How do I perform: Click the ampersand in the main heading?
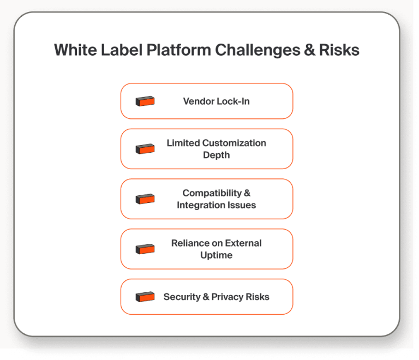[x=308, y=50]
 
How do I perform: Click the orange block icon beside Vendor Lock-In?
[x=145, y=101]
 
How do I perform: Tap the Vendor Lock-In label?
[x=216, y=101]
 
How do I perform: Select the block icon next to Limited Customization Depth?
[x=145, y=148]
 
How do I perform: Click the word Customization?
[x=234, y=143]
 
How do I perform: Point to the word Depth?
[x=216, y=155]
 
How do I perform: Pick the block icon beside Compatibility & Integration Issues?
[x=145, y=199]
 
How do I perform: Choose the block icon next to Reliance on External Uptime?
[x=145, y=249]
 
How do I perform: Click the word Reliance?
[x=189, y=243]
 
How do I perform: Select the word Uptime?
[x=216, y=255]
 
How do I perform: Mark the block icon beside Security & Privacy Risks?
[x=145, y=297]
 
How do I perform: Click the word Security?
[x=182, y=297]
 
